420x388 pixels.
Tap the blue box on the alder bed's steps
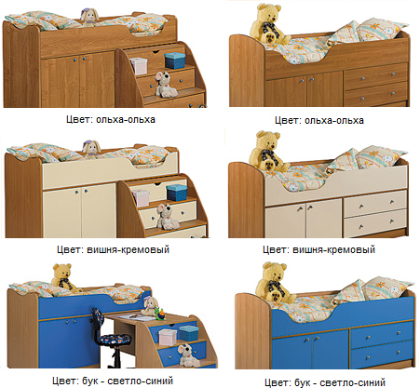pyautogui.click(x=175, y=60)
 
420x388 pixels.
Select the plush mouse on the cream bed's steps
pyautogui.click(x=167, y=217)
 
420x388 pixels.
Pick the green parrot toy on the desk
pyautogui.click(x=161, y=314)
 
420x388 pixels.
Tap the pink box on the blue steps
pyautogui.click(x=168, y=337)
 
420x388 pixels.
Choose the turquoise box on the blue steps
pyautogui.click(x=189, y=333)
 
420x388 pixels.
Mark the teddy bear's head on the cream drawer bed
pyautogui.click(x=269, y=140)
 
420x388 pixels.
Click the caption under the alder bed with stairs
pyautogui.click(x=111, y=120)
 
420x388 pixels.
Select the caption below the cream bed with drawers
pyautogui.click(x=319, y=249)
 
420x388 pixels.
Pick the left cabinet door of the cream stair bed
pyautogui.click(x=62, y=211)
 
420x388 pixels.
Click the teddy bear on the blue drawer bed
pyautogui.click(x=276, y=283)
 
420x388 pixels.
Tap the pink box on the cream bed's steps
pyautogui.click(x=141, y=198)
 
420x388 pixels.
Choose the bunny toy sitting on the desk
pyautogui.click(x=149, y=306)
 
